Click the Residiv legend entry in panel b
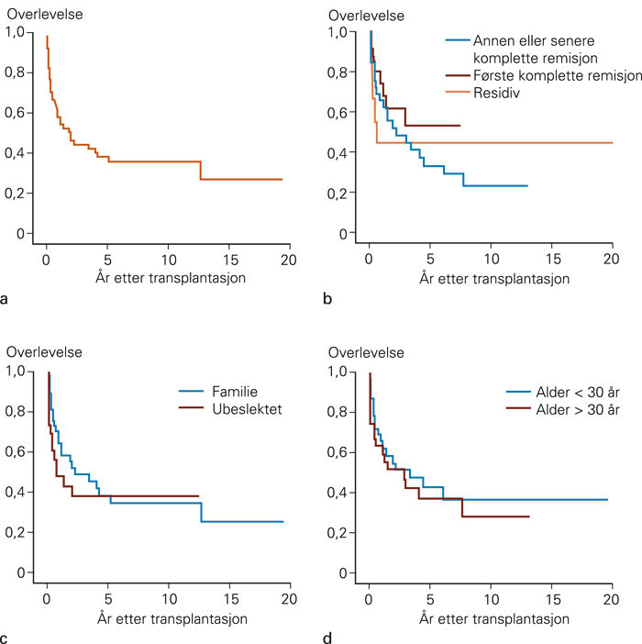click(x=495, y=93)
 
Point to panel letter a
click(x=7, y=298)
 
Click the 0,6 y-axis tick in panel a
click(x=16, y=112)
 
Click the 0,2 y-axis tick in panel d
click(x=338, y=532)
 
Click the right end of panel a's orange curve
click(x=281, y=180)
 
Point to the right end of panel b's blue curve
click(x=527, y=186)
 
